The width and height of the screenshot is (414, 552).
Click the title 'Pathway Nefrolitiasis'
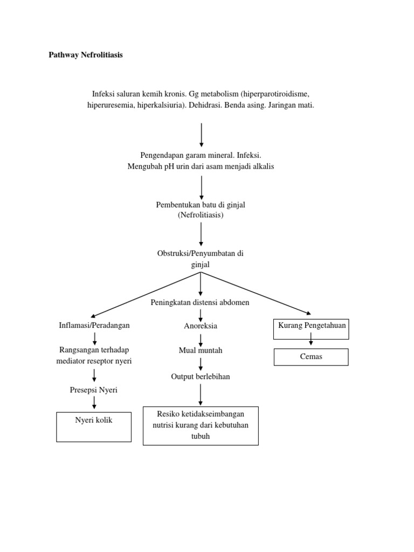(86, 56)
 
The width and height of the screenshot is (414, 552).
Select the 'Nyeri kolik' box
(94, 427)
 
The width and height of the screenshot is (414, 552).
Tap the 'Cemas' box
(311, 357)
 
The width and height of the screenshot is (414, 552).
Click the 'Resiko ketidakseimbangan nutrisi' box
(201, 425)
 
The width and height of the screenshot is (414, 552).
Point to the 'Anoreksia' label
(201, 326)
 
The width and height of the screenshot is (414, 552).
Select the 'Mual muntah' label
(201, 350)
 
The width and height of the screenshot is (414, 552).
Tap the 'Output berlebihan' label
(201, 376)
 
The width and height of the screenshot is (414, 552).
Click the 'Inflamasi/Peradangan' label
(94, 325)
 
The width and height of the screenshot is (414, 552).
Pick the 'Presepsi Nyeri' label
(94, 389)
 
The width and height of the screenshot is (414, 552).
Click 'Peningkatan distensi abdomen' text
(201, 302)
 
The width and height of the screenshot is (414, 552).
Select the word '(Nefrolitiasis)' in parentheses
(201, 215)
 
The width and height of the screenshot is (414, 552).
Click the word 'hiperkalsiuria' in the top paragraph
(158, 106)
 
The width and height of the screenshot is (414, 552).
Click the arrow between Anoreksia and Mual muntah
(201, 339)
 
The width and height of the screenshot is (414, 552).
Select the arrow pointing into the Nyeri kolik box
(94, 403)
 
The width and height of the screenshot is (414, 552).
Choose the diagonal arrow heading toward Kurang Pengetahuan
(256, 293)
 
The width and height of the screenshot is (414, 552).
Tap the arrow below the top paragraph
(201, 135)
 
